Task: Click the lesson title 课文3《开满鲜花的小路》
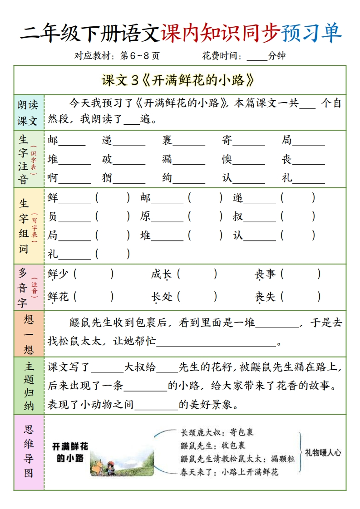(x=178, y=81)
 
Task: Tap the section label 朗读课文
(x=28, y=113)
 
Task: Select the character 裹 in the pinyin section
(x=168, y=140)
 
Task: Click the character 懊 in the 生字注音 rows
(x=227, y=159)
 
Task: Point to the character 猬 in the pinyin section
(x=107, y=178)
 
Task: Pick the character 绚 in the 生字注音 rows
(x=168, y=178)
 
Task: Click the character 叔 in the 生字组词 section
(x=238, y=217)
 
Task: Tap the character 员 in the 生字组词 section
(x=53, y=217)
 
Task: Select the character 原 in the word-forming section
(x=145, y=217)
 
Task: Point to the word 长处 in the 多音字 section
(x=162, y=297)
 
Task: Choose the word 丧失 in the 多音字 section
(x=265, y=297)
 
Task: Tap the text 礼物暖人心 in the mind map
(x=323, y=452)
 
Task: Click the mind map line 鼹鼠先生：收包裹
(x=213, y=445)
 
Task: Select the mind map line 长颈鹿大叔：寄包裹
(x=217, y=432)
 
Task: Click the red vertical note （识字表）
(x=34, y=159)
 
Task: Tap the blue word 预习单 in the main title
(x=311, y=33)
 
